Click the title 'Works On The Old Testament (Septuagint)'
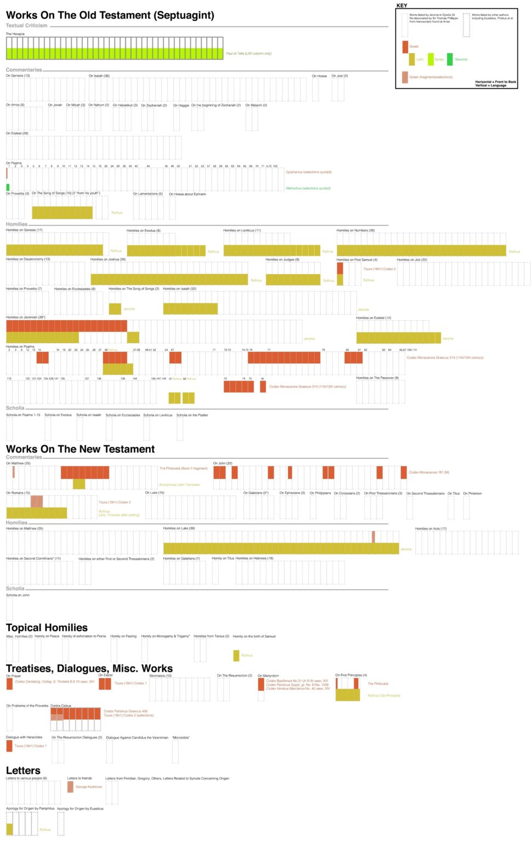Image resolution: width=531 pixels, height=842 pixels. tap(110, 15)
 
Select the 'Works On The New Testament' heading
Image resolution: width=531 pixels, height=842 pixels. tap(80, 449)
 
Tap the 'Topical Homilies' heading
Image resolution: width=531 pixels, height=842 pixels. tap(47, 628)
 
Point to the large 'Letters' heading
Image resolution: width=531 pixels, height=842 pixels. tap(23, 771)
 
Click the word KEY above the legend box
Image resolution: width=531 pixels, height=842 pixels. tap(402, 5)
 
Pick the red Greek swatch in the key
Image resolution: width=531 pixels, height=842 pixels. tap(405, 47)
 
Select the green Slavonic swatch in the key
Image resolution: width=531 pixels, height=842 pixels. tap(450, 59)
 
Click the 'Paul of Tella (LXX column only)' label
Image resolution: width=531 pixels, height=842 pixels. tap(249, 54)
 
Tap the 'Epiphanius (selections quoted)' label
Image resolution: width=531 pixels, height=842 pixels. tap(309, 172)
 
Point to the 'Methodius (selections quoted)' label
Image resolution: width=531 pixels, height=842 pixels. tap(308, 189)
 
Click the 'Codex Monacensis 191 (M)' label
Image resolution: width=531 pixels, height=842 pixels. tap(429, 472)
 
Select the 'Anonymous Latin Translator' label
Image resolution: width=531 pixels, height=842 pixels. tap(179, 485)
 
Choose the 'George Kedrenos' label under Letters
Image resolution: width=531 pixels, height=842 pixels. tap(89, 787)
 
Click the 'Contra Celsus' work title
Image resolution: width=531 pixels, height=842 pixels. tap(61, 706)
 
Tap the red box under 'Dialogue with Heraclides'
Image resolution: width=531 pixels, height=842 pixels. tap(9, 746)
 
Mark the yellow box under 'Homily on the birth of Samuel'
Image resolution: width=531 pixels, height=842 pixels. tap(236, 656)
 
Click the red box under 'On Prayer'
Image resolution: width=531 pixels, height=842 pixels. tap(9, 684)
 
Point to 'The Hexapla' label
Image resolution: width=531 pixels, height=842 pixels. tap(15, 34)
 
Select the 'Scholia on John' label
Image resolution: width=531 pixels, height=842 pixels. tap(18, 595)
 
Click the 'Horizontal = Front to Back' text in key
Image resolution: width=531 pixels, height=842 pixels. tap(495, 82)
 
